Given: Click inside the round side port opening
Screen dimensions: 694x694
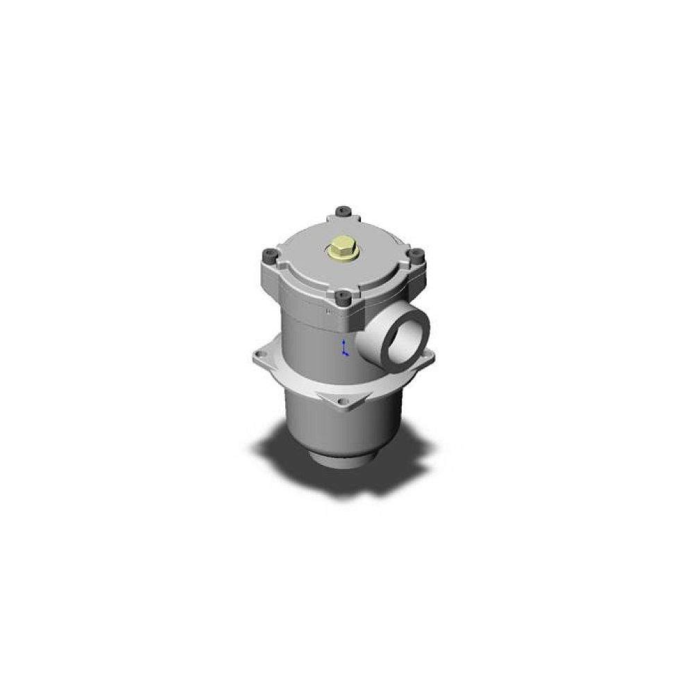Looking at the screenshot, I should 405,341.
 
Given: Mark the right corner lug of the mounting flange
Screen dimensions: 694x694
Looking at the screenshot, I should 428,355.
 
